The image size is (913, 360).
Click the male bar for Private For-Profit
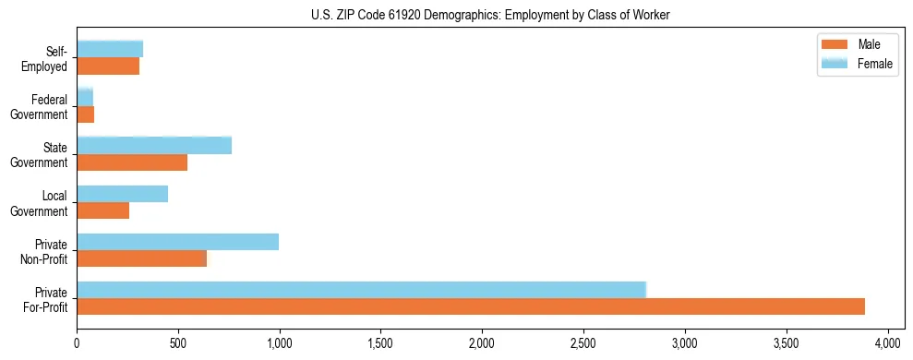[x=471, y=306]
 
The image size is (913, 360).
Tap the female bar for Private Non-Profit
[x=177, y=242]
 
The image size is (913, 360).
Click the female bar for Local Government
[x=122, y=194]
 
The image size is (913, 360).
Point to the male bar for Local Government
[x=102, y=210]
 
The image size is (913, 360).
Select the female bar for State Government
[x=154, y=146]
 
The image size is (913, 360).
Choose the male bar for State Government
[x=132, y=162]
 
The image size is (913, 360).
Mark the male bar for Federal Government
[x=85, y=114]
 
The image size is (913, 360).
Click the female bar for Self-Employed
[x=110, y=49]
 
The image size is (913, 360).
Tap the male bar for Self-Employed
[x=108, y=66]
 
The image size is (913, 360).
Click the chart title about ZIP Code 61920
[x=490, y=14]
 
